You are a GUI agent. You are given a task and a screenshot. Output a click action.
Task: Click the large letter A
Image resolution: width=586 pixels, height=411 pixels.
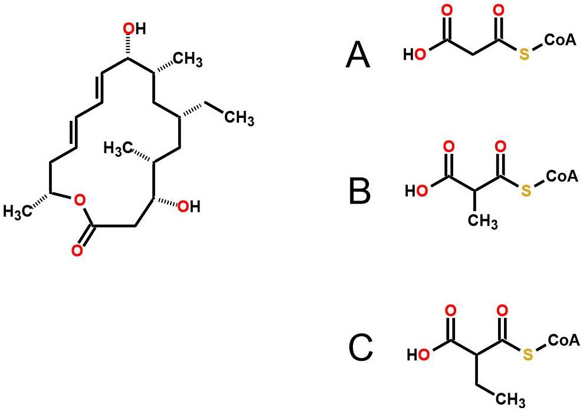pos(358,55)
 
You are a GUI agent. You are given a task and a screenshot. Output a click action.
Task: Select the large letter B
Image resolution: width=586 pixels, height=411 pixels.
pos(359,191)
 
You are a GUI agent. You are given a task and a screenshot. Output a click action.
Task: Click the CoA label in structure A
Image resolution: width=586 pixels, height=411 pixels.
pos(560,41)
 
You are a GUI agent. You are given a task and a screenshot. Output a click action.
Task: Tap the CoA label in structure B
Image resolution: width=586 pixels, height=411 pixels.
pos(562,176)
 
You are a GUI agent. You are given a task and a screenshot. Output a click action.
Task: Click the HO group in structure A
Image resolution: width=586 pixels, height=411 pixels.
pos(415,55)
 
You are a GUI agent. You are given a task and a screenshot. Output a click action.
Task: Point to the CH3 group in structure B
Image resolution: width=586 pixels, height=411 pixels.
pos(483,222)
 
